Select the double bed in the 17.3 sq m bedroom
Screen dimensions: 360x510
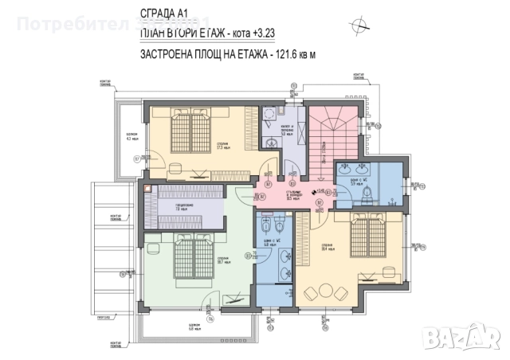190,128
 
